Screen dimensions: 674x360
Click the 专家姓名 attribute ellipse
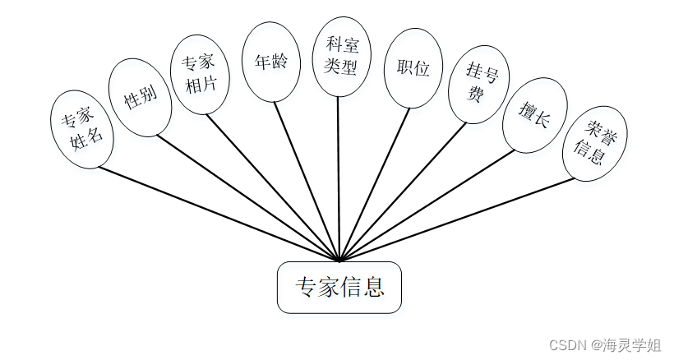click(81, 130)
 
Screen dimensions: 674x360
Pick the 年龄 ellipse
click(271, 62)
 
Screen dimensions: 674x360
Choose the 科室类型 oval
click(342, 56)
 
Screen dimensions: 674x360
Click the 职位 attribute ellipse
click(413, 68)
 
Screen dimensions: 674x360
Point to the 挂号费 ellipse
click(478, 84)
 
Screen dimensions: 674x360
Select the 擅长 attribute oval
click(533, 116)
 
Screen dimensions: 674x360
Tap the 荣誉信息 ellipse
click(595, 142)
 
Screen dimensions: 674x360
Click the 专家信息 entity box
click(339, 288)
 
